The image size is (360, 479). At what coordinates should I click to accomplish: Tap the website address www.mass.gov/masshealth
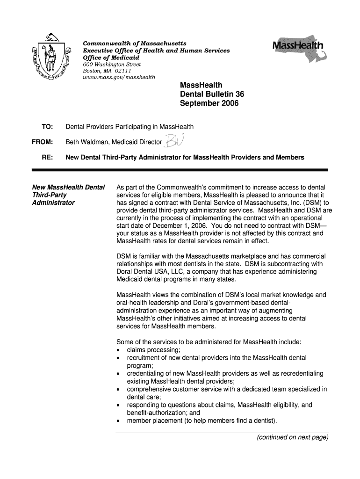[x=119, y=77]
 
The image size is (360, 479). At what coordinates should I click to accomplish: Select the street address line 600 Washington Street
[x=111, y=64]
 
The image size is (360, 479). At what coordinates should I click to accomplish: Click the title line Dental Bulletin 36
[x=212, y=94]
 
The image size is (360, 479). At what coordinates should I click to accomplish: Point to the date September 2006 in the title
[x=209, y=103]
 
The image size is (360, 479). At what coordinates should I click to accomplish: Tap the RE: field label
[x=47, y=157]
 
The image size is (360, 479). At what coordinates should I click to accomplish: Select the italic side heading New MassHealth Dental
[x=68, y=188]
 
